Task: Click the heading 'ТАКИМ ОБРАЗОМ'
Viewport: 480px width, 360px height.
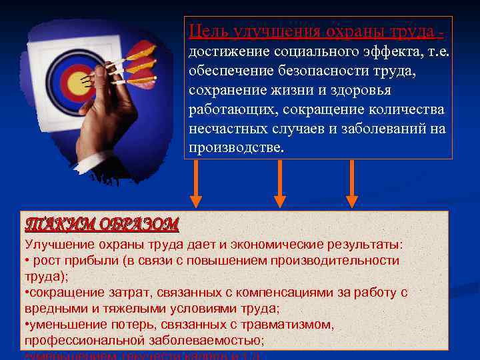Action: (x=101, y=223)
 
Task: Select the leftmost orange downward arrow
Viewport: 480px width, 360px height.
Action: (x=195, y=183)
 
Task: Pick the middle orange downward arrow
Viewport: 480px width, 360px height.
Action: (x=280, y=183)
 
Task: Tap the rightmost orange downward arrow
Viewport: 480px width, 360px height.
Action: (x=351, y=183)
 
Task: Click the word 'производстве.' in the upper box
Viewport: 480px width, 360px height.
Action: (x=236, y=147)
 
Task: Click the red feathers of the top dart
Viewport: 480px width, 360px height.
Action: (x=143, y=49)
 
